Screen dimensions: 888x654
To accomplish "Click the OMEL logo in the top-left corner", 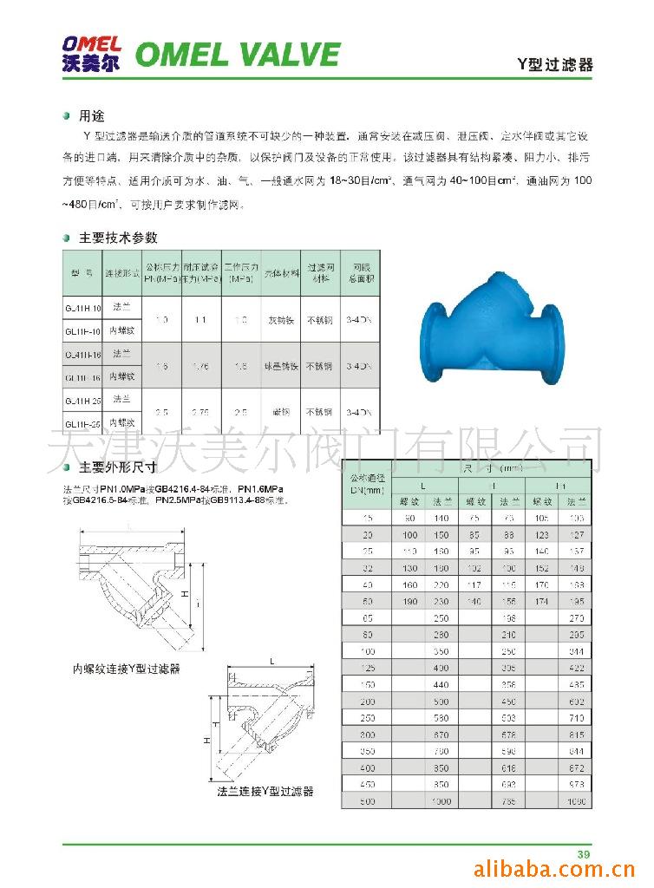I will [92, 53].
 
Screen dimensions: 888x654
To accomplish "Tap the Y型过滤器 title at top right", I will [555, 65].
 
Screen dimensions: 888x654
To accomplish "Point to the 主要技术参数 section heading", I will [118, 238].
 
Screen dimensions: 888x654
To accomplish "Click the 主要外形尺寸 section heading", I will [118, 467].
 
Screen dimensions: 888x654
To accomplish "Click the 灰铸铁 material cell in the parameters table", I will [279, 319].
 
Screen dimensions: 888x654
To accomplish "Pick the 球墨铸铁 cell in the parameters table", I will [279, 366].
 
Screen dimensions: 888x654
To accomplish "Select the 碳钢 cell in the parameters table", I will [279, 412].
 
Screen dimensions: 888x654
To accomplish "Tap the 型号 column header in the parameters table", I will [82, 273].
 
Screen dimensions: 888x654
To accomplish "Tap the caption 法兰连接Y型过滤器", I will [265, 791].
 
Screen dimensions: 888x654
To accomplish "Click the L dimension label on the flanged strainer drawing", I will [271, 661].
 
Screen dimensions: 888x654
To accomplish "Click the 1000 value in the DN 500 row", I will [442, 801].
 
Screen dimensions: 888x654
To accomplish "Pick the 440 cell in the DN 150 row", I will [442, 684].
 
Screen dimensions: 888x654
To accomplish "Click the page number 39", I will [584, 855].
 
